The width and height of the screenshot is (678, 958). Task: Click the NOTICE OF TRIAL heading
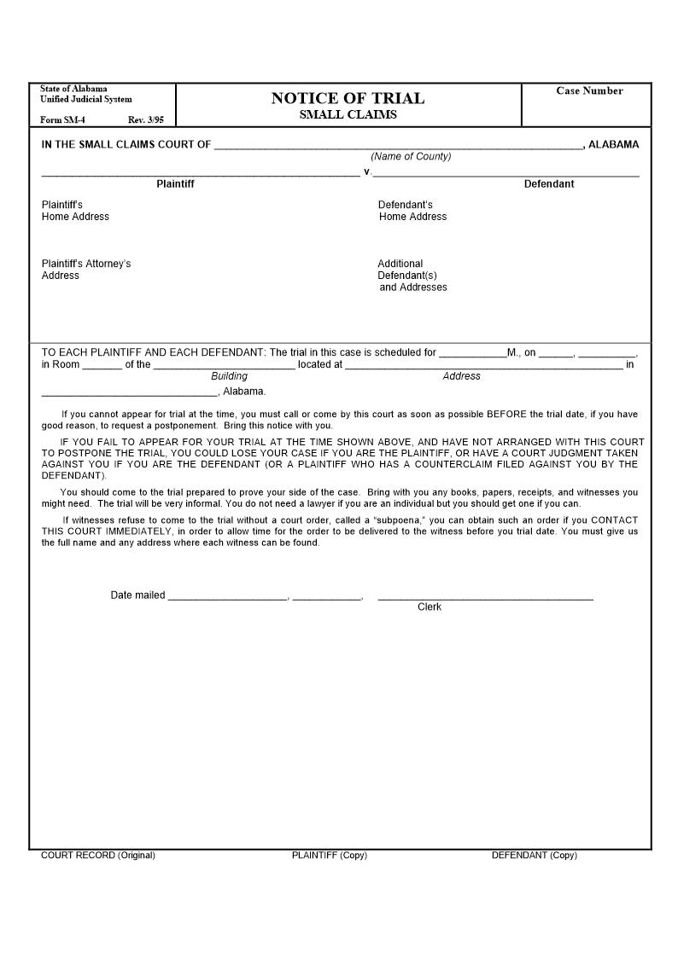click(x=348, y=98)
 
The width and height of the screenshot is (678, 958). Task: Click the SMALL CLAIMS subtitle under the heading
click(x=348, y=115)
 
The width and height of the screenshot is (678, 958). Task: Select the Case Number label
click(x=589, y=91)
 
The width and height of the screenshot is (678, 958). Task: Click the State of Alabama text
click(x=73, y=89)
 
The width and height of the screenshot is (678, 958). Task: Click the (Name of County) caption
click(x=411, y=157)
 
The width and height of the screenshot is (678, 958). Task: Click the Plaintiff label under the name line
click(x=175, y=184)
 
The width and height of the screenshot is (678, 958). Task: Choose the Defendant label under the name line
click(x=549, y=184)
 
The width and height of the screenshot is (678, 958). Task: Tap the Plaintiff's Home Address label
click(x=75, y=211)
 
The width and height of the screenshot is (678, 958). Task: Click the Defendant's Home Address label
click(x=412, y=211)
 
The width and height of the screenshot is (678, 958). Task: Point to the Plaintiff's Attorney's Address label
click(x=85, y=270)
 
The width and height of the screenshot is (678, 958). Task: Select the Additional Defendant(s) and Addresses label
click(x=412, y=276)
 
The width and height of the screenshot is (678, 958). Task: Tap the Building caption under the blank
click(x=229, y=376)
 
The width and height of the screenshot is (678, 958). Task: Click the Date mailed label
click(x=137, y=595)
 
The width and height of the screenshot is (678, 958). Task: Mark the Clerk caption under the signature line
click(x=430, y=607)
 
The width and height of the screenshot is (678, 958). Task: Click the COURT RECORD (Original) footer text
click(x=98, y=856)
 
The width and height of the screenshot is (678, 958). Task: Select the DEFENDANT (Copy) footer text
click(x=534, y=856)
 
